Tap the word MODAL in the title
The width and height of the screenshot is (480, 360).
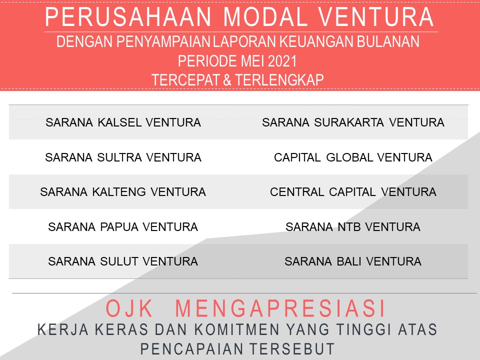tap(265, 17)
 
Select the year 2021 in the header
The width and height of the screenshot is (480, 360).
tap(282, 61)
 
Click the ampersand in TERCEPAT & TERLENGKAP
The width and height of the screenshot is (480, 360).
tap(227, 80)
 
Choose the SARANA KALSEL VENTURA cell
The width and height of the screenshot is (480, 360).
tap(123, 122)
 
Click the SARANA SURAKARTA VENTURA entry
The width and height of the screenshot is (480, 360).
tap(353, 122)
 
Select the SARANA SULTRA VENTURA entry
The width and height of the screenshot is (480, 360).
tap(123, 157)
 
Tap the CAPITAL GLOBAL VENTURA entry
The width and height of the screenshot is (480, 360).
tap(353, 157)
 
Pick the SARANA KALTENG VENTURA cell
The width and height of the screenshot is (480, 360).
tap(123, 192)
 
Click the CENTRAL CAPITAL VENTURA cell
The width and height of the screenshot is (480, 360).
tap(353, 192)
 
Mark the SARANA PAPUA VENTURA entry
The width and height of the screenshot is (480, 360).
tap(123, 227)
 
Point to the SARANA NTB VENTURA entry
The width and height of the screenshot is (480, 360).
tap(353, 227)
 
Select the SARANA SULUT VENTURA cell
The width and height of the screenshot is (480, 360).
tap(123, 261)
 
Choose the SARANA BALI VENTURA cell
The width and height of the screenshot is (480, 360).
tap(353, 261)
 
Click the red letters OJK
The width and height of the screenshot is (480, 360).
tap(129, 308)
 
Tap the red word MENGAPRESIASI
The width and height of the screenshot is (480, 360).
tap(280, 308)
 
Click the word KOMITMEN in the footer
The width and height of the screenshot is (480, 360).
tap(237, 329)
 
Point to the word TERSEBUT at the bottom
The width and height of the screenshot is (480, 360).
tap(291, 349)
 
